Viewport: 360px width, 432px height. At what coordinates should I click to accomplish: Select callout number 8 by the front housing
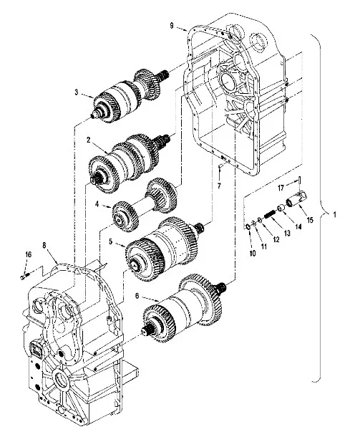pyautogui.click(x=45, y=245)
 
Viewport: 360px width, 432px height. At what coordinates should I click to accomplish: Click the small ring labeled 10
pyautogui.click(x=247, y=227)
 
